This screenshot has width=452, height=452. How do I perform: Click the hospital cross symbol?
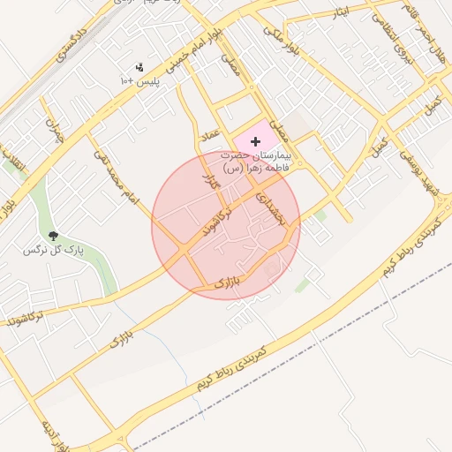256,141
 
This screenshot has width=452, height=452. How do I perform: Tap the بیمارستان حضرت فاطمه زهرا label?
260,161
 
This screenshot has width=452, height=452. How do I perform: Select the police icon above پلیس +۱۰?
139,67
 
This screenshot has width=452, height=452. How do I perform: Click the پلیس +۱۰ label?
139,80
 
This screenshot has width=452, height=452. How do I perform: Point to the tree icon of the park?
53,236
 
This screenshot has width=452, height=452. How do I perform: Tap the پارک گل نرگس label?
53,251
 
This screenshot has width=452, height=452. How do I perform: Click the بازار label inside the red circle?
227,283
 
